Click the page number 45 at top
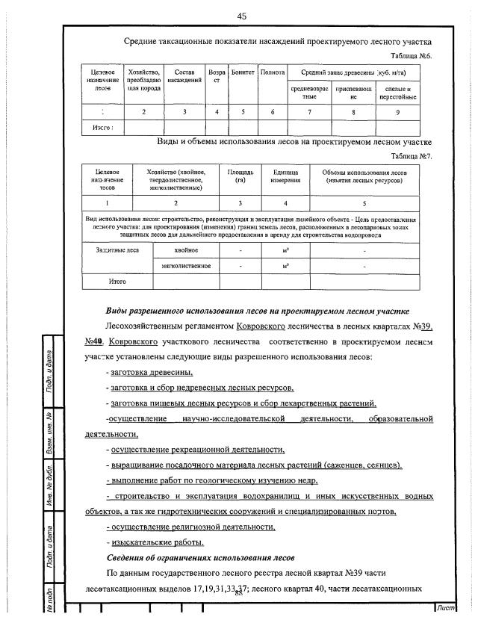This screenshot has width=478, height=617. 241,16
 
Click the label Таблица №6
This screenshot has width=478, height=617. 412,56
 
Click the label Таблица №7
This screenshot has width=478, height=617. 412,156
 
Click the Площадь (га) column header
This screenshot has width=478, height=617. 240,176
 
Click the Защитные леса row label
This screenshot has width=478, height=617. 111,250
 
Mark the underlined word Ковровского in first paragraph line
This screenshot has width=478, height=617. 267,326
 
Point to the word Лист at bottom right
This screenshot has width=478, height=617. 447,608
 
